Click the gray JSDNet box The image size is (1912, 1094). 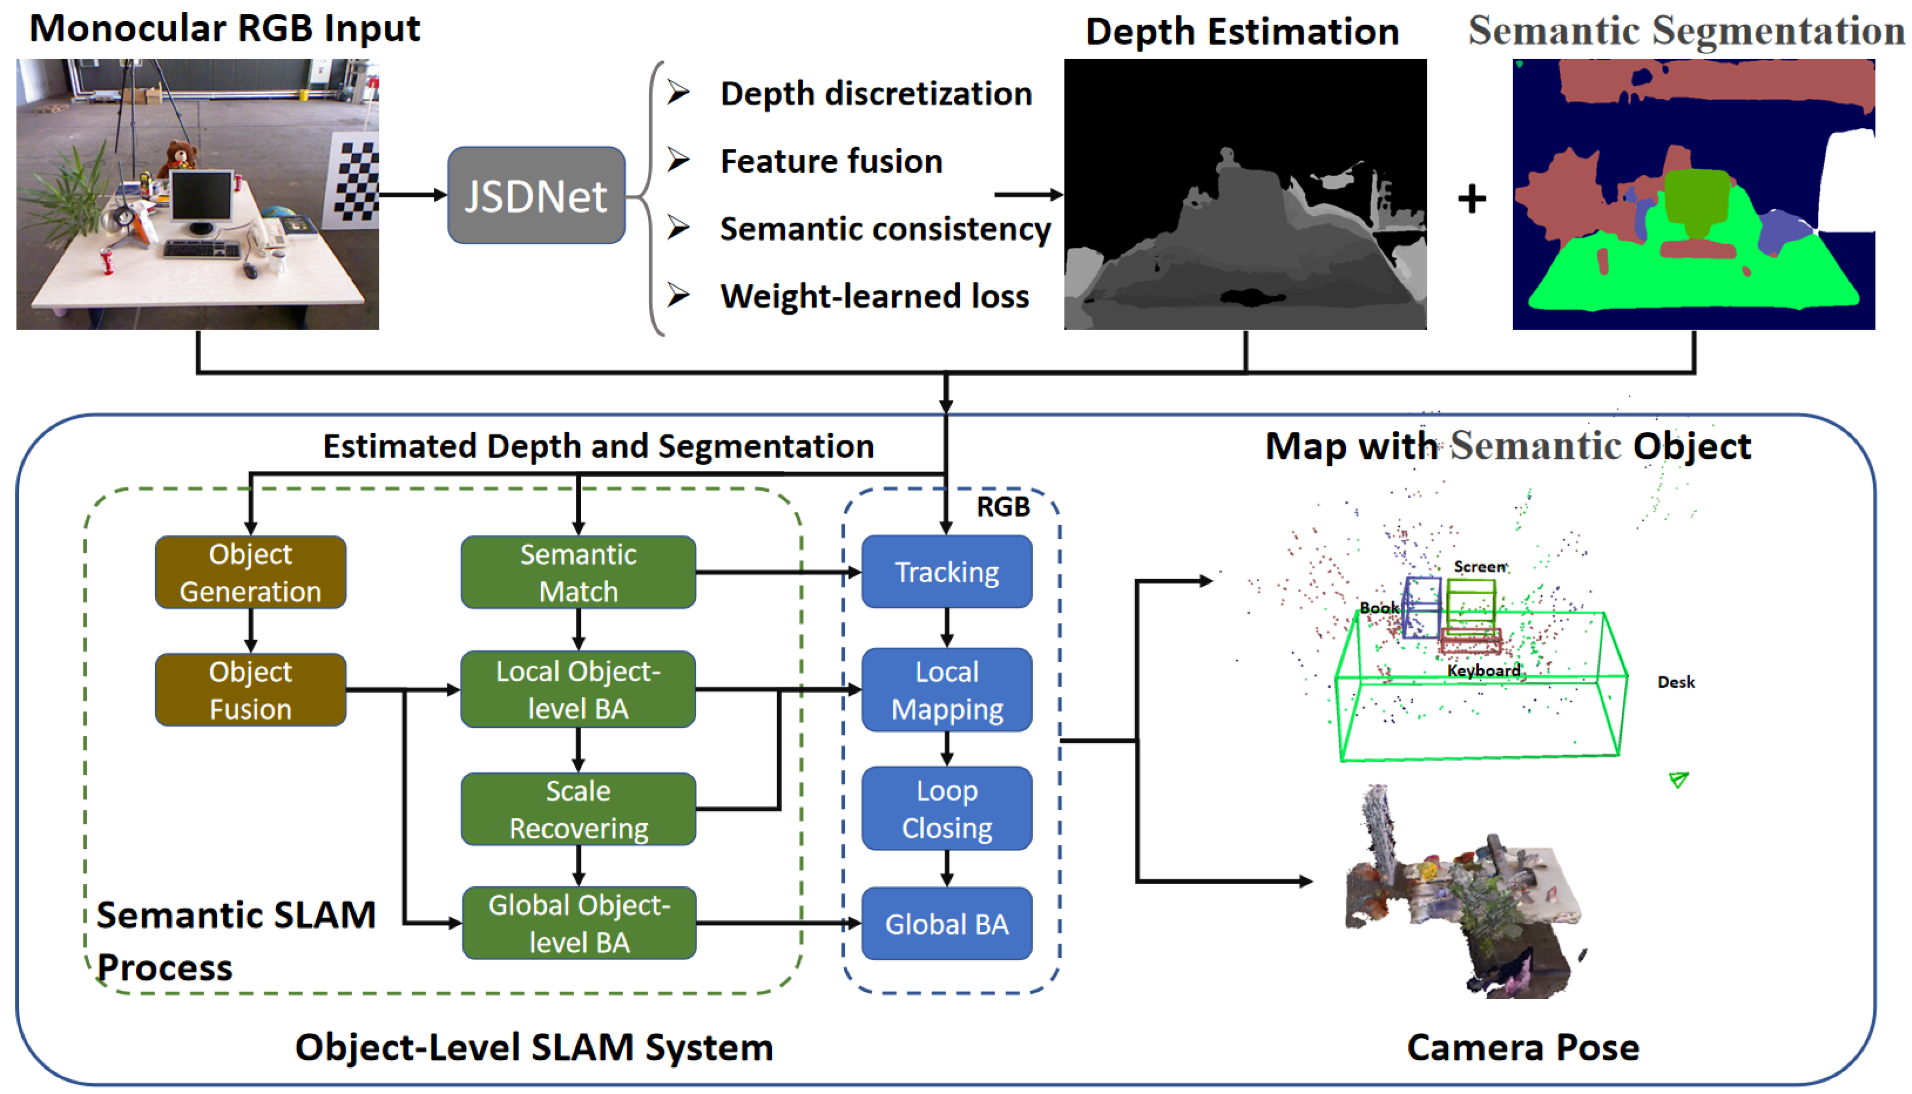(x=536, y=195)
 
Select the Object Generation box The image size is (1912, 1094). (x=250, y=572)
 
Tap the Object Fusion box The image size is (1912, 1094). (x=250, y=690)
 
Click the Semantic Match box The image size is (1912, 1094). (x=578, y=572)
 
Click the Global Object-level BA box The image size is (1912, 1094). (x=578, y=923)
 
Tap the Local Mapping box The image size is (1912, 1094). (x=946, y=690)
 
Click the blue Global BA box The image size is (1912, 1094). (x=946, y=923)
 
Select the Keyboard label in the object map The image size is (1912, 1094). (x=1484, y=670)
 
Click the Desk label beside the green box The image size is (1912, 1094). (x=1676, y=682)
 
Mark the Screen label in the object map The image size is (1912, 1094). (x=1480, y=566)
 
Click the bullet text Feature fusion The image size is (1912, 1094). (x=831, y=161)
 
